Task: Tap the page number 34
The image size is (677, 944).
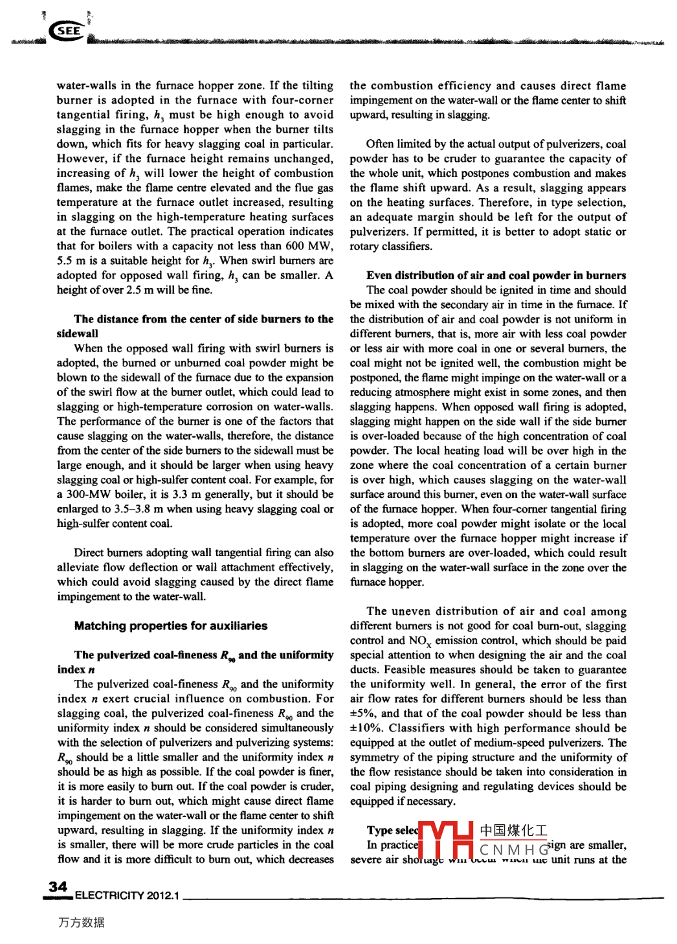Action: (58, 886)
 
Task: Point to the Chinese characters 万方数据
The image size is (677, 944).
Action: (81, 922)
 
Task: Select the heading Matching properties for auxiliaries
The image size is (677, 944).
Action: (171, 625)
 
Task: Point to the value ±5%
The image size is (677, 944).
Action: (362, 714)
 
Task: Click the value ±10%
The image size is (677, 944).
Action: (366, 728)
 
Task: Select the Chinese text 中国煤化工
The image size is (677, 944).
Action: (513, 830)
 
